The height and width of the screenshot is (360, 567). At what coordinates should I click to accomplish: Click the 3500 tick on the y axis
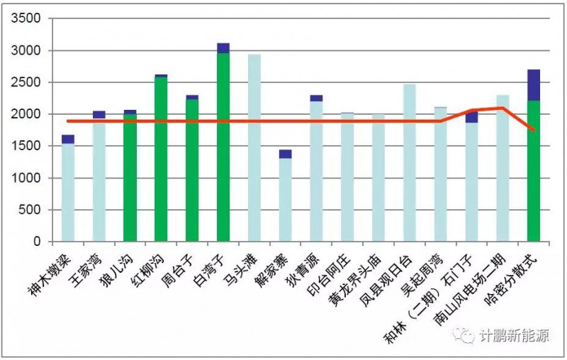click(31, 18)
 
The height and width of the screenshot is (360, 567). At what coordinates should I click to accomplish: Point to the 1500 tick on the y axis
click(31, 146)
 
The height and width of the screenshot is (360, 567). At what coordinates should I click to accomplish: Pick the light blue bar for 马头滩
click(254, 149)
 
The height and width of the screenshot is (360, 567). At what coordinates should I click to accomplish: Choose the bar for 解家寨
click(286, 198)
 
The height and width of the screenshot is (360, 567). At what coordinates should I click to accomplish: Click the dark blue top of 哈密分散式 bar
click(534, 85)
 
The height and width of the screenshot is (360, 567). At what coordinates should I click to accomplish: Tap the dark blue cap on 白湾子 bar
click(223, 48)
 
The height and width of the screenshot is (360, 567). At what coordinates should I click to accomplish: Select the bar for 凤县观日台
click(410, 163)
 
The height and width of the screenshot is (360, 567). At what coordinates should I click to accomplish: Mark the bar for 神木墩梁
click(68, 191)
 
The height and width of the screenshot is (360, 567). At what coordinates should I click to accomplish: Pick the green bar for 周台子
click(192, 170)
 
